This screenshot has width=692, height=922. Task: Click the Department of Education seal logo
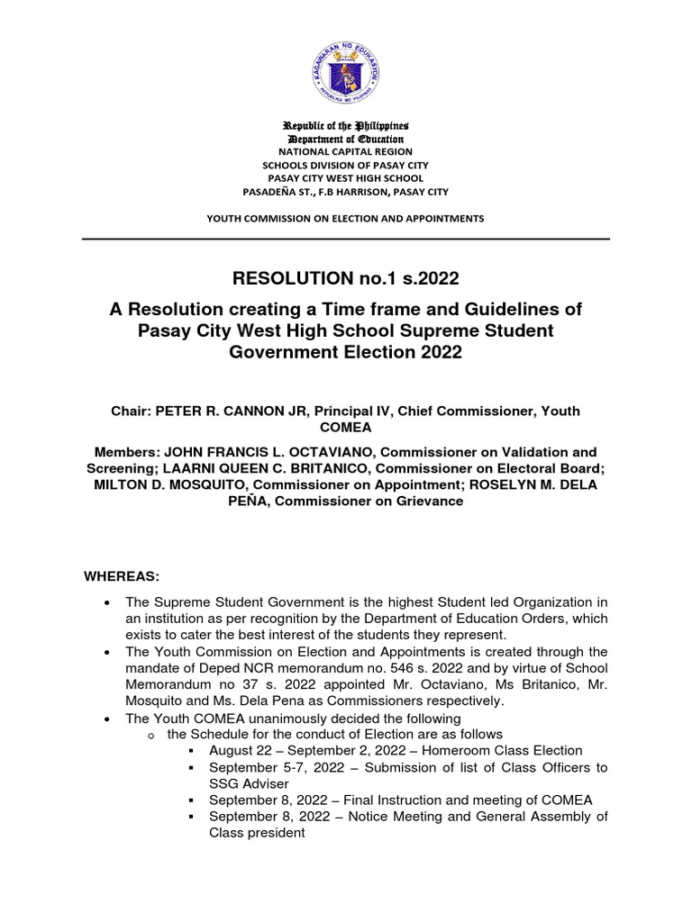click(346, 68)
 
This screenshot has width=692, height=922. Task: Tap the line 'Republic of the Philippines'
click(346, 125)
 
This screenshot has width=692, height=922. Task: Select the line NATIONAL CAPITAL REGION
click(346, 152)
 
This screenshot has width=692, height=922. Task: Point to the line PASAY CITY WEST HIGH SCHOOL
click(346, 178)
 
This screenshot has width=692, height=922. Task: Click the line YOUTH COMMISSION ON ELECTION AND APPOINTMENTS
click(346, 218)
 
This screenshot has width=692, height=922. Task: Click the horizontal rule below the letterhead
click(346, 239)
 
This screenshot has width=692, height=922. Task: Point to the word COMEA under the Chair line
click(346, 427)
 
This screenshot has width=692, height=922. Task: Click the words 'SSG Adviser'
click(244, 783)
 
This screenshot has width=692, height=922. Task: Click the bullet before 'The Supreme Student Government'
click(108, 601)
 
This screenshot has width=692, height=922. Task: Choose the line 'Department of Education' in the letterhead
click(346, 140)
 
